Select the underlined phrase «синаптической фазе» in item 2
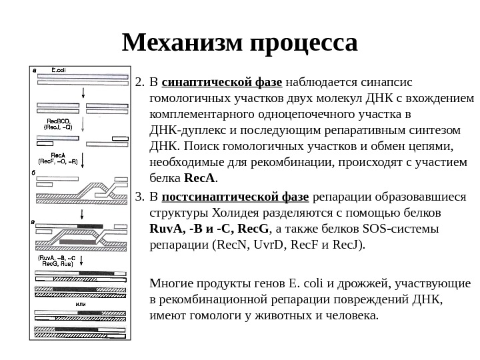pyautogui.click(x=222, y=83)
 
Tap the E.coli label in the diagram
pyautogui.click(x=58, y=69)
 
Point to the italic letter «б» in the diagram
pyautogui.click(x=35, y=172)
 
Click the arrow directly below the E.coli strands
pyautogui.click(x=81, y=94)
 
